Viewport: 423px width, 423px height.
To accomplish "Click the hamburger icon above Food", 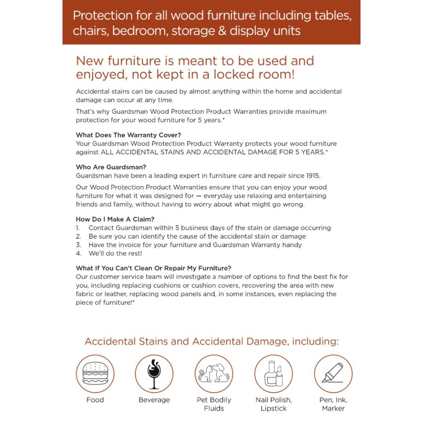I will tap(95, 374).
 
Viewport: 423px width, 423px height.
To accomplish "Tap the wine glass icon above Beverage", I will tap(154, 374).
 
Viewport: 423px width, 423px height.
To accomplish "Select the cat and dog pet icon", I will tap(214, 374).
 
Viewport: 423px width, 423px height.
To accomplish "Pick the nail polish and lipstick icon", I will tap(274, 374).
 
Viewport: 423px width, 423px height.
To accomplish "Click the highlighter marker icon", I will tap(333, 374).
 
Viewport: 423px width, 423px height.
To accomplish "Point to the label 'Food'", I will tap(95, 400).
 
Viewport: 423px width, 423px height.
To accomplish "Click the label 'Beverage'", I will tap(154, 400).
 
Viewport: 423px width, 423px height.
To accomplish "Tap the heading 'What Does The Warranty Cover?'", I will tap(128, 135).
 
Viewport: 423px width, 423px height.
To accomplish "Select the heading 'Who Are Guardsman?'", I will tap(110, 167).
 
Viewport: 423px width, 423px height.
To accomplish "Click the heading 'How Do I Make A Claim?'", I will tap(115, 219).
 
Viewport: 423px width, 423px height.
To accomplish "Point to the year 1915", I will tap(311, 176).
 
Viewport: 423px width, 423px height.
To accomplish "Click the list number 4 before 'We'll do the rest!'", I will tap(78, 253).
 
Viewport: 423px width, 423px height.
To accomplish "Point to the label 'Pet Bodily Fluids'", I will tap(214, 404).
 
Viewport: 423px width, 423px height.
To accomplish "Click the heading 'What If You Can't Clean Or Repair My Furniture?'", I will tap(153, 268).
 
